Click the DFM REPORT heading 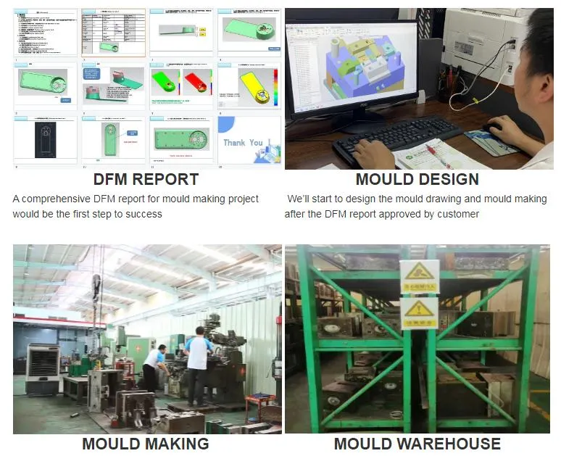pyautogui.click(x=146, y=180)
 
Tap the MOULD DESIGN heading pyautogui.click(x=417, y=180)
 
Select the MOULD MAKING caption pyautogui.click(x=145, y=444)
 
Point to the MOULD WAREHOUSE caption pyautogui.click(x=417, y=444)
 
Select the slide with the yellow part pyautogui.click(x=249, y=86)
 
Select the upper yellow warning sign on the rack pyautogui.click(x=420, y=276)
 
